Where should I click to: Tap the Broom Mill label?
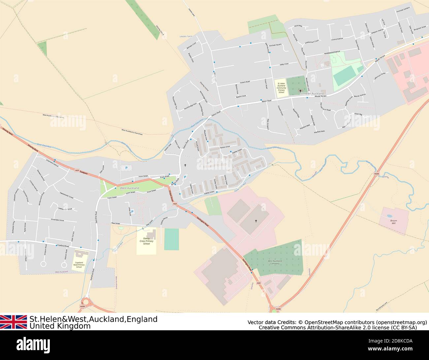(x=393, y=222)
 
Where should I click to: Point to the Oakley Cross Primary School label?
(x=147, y=241)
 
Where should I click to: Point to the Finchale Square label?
(x=275, y=45)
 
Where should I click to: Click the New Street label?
(x=115, y=223)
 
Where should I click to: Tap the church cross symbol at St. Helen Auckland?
(x=300, y=91)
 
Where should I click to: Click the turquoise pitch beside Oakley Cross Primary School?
(x=171, y=239)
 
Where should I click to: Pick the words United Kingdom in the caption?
(x=60, y=326)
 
